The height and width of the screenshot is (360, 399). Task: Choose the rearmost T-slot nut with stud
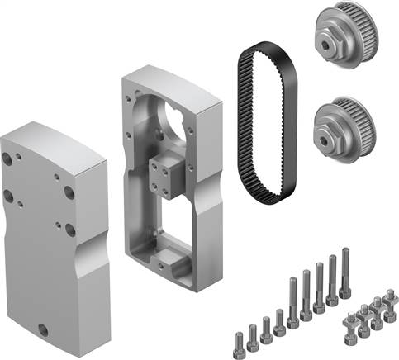(389, 295)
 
